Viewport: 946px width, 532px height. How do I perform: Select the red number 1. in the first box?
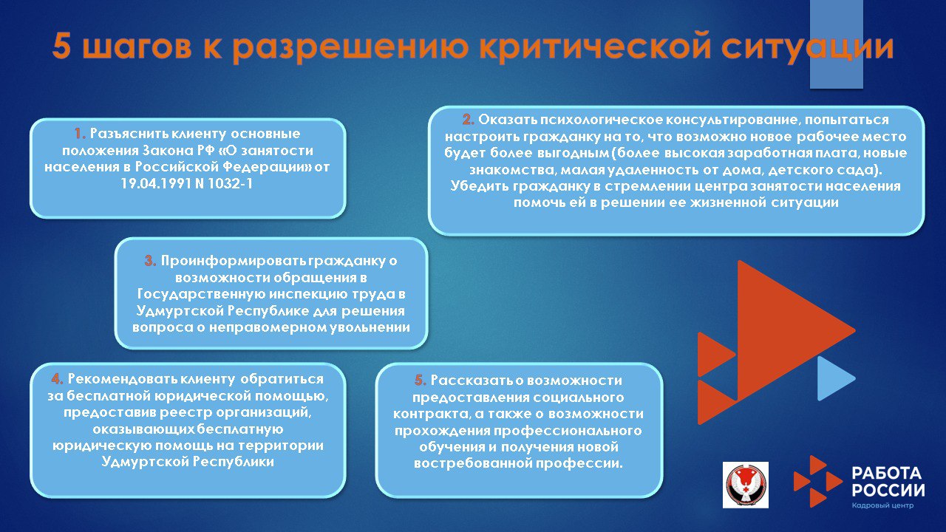point(80,134)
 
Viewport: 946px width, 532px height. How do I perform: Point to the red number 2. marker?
point(469,120)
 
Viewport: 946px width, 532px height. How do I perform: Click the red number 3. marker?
point(150,261)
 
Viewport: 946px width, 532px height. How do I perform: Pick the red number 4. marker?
point(57,378)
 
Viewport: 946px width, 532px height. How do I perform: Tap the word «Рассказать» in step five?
point(466,381)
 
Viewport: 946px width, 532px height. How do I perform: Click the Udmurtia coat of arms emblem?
point(745,485)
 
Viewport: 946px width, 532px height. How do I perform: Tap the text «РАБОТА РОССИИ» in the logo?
point(887,482)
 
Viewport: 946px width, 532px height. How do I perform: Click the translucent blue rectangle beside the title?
point(837,44)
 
